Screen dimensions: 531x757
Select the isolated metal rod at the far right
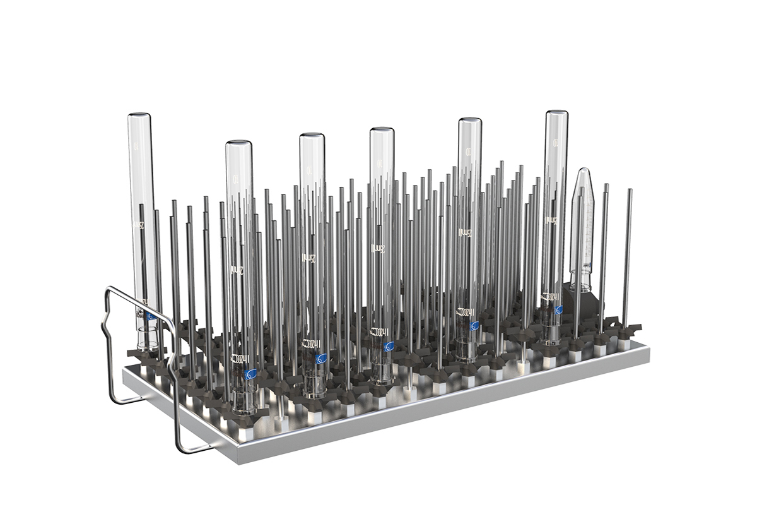coord(627,253)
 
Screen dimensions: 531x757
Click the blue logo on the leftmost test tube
coord(150,316)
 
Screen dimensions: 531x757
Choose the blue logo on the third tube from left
coord(321,359)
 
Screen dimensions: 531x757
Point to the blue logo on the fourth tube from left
coord(389,346)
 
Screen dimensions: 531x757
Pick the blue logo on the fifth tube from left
coord(474,326)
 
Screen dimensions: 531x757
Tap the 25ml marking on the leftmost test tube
coord(137,224)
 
